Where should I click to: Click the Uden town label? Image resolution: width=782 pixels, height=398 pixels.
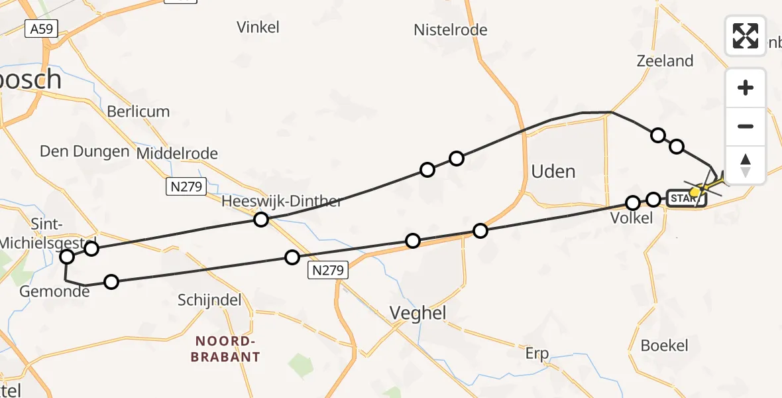click(553, 172)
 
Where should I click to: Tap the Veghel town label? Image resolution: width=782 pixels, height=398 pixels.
click(418, 313)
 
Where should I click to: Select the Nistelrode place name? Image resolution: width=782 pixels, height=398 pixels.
click(450, 30)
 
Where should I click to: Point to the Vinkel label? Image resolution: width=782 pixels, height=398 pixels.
click(258, 27)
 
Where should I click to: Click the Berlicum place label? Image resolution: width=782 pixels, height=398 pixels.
click(139, 111)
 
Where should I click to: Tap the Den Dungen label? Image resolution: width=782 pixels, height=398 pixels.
click(84, 151)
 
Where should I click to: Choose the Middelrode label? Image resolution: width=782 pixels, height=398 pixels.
click(177, 154)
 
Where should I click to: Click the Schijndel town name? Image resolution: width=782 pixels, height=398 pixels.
click(209, 300)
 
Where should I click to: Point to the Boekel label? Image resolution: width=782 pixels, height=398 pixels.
click(664, 346)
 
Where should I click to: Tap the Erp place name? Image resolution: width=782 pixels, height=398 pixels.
click(537, 354)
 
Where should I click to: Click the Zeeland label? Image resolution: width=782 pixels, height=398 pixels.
click(665, 61)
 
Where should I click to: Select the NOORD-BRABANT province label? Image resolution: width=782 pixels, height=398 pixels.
click(225, 349)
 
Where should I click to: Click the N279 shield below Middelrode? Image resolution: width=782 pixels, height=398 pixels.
click(185, 187)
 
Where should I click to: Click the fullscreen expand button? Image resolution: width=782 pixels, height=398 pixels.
click(746, 35)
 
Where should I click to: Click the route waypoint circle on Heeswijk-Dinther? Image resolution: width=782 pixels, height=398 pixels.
click(262, 220)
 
